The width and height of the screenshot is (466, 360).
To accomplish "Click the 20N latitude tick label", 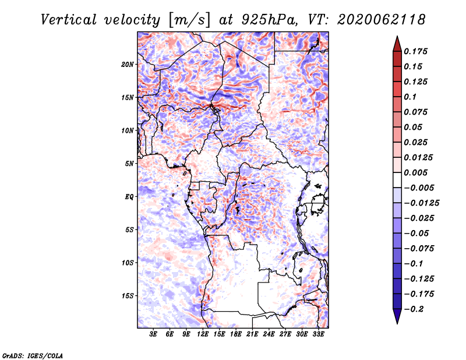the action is coord(128,65).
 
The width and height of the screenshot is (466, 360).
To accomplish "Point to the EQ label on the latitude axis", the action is coord(129,197).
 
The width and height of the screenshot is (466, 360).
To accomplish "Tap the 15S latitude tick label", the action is coord(128,296).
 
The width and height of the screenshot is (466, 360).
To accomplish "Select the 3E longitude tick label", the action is coord(153,334).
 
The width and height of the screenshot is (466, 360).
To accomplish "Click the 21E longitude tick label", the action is coord(252,334).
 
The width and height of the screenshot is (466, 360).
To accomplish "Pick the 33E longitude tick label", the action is coord(318,334).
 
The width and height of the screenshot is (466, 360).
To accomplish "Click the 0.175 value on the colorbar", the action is coord(415,51).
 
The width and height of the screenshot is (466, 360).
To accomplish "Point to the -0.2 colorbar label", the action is coord(414,309).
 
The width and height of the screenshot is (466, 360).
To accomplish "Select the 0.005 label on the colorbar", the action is coord(415,172).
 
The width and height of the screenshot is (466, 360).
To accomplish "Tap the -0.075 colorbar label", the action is coord(419,249).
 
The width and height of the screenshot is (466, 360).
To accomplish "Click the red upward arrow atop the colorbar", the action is coord(397,44).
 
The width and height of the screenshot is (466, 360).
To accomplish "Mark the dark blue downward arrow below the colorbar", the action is coord(397,316).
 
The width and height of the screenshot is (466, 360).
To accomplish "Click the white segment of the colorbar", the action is coord(397,180).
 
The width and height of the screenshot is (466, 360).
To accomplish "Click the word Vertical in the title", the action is coord(69,20).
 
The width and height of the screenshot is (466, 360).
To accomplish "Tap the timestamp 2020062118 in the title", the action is coord(382,20).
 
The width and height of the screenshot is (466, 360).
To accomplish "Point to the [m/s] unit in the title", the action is coord(189,20).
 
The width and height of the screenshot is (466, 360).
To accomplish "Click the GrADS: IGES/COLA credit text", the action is coord(33,356).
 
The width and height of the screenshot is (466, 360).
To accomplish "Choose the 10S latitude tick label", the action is coord(128,263).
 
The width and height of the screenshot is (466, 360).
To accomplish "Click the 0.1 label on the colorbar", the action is coord(410,97).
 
